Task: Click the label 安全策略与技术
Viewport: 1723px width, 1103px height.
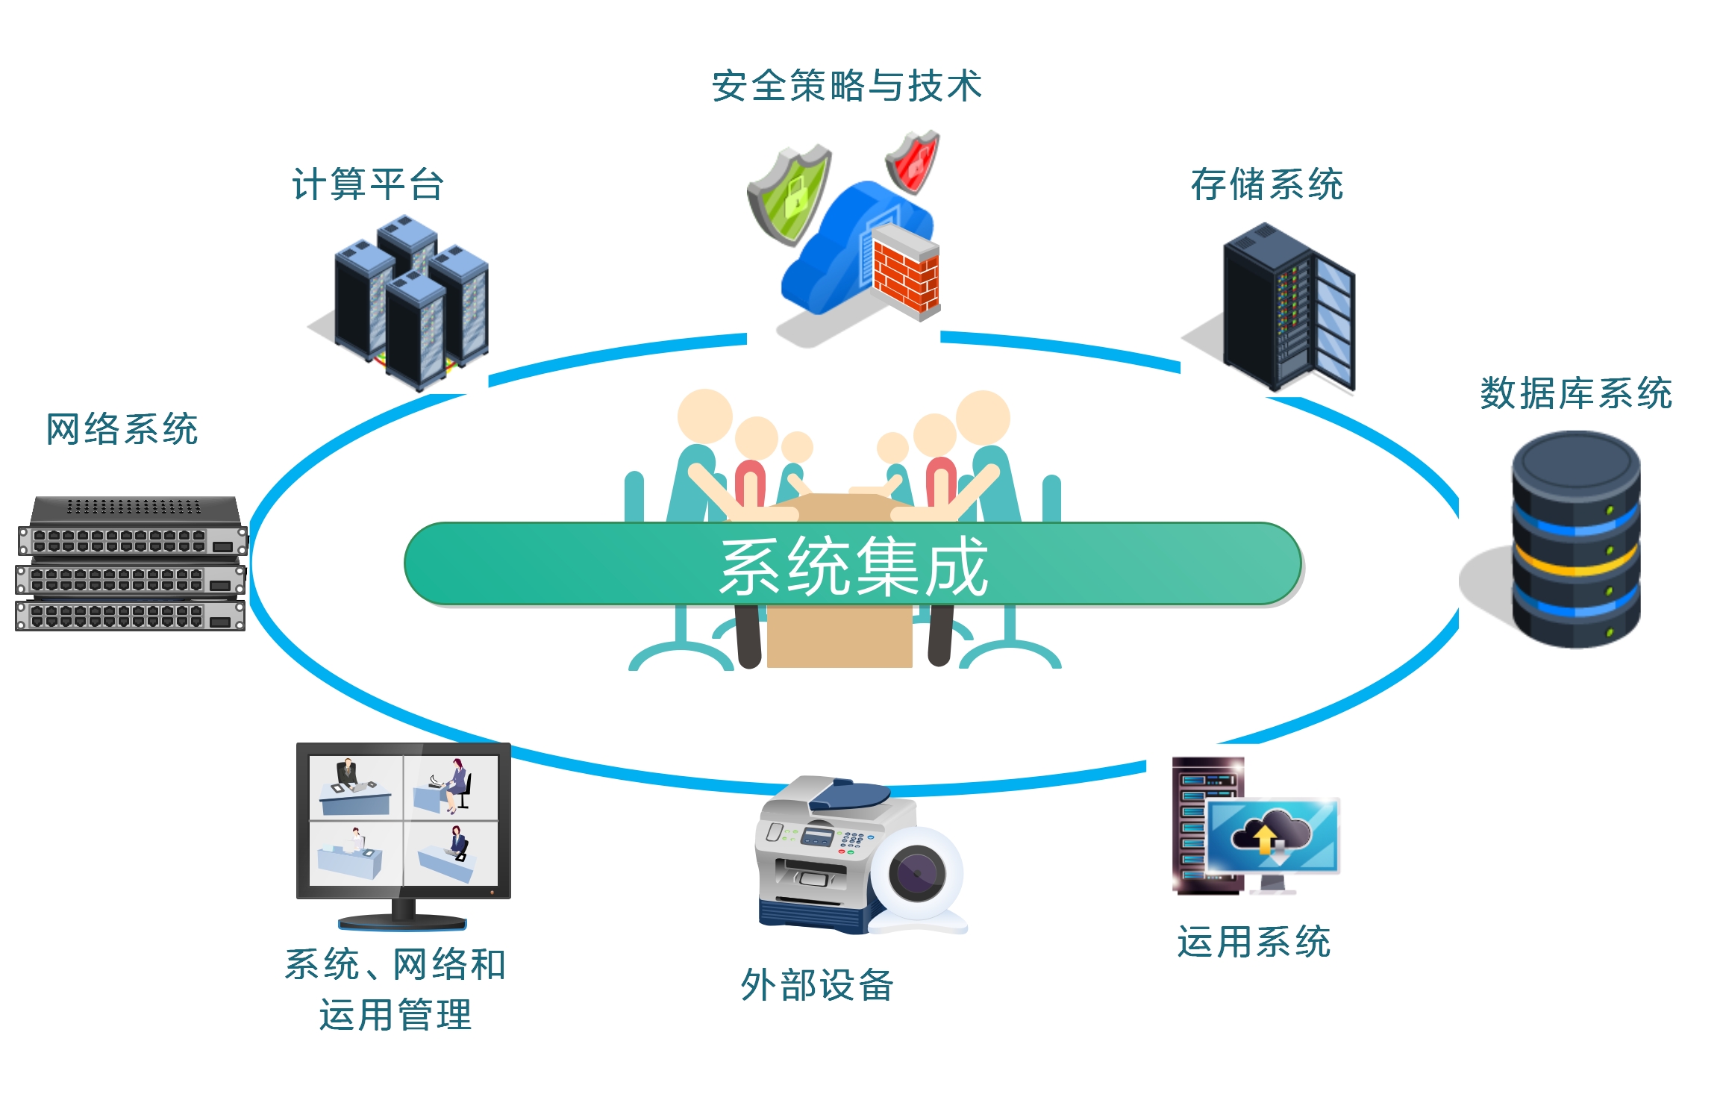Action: tap(846, 86)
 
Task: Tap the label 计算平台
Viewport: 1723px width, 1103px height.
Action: tap(368, 184)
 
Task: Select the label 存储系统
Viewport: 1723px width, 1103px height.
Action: tap(1266, 184)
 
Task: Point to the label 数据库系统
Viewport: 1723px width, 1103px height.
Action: tap(1575, 393)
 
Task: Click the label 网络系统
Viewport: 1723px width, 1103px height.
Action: tap(122, 429)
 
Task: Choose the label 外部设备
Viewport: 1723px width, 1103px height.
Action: tap(817, 985)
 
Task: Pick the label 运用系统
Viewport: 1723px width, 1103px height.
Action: tap(1254, 942)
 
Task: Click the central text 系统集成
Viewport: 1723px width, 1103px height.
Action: tap(853, 566)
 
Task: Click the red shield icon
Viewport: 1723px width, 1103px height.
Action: tap(913, 161)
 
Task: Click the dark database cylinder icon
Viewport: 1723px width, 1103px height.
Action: tap(1575, 537)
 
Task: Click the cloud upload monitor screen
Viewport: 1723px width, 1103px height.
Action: tap(1272, 836)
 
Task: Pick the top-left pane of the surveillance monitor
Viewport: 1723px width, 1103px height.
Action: tap(356, 787)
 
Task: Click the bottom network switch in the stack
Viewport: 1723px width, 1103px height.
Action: tap(131, 616)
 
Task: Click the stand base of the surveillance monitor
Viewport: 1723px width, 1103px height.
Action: tap(403, 922)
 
